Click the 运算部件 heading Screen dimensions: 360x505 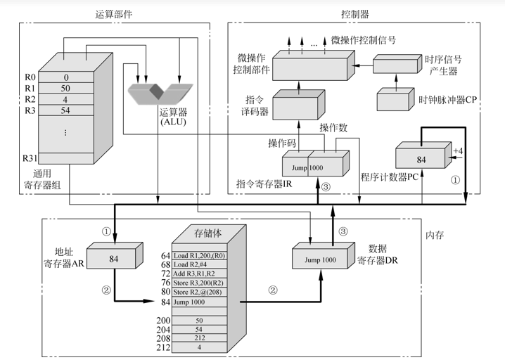tap(114, 13)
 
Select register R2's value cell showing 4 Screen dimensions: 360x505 tap(65, 99)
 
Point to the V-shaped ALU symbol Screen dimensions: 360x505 tap(161, 91)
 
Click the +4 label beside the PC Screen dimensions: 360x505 tap(458, 151)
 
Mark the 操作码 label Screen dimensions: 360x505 tap(281, 143)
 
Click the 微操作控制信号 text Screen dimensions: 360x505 tap(363, 40)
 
